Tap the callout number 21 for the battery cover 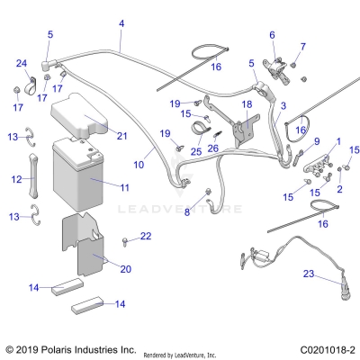(121, 136)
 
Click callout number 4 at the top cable (121, 21)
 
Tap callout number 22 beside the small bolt (146, 236)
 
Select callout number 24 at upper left (22, 62)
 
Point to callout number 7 (302, 46)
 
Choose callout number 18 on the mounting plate (246, 105)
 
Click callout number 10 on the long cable (139, 166)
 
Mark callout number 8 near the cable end (187, 213)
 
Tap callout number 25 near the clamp (194, 151)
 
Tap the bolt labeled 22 (124, 240)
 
